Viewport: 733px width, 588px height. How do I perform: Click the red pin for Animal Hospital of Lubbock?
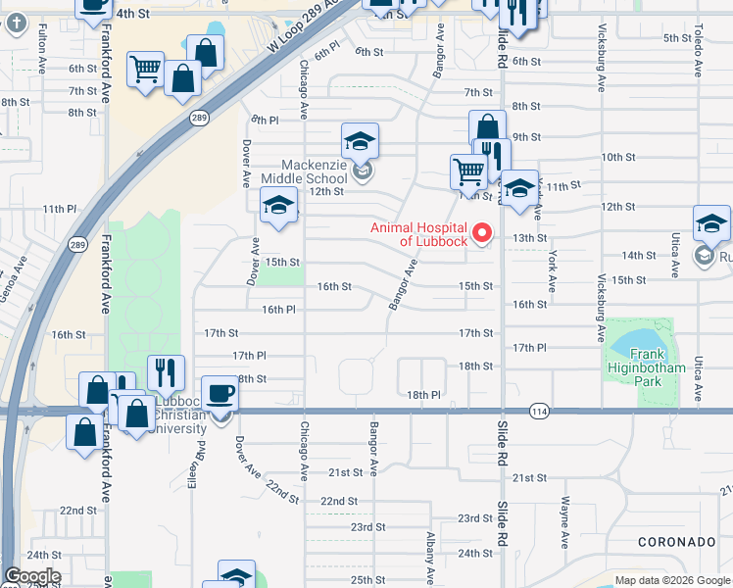481,233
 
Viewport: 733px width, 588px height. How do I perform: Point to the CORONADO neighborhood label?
677,542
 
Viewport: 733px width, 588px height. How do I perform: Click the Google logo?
31,576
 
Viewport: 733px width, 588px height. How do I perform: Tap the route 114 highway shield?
538,410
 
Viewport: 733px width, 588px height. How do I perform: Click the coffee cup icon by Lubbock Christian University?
220,394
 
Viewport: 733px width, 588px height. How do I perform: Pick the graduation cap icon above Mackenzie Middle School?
360,141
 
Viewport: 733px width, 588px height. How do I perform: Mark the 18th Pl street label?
424,394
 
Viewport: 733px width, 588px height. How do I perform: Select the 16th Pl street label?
278,310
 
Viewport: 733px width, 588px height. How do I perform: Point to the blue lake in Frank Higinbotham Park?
636,343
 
